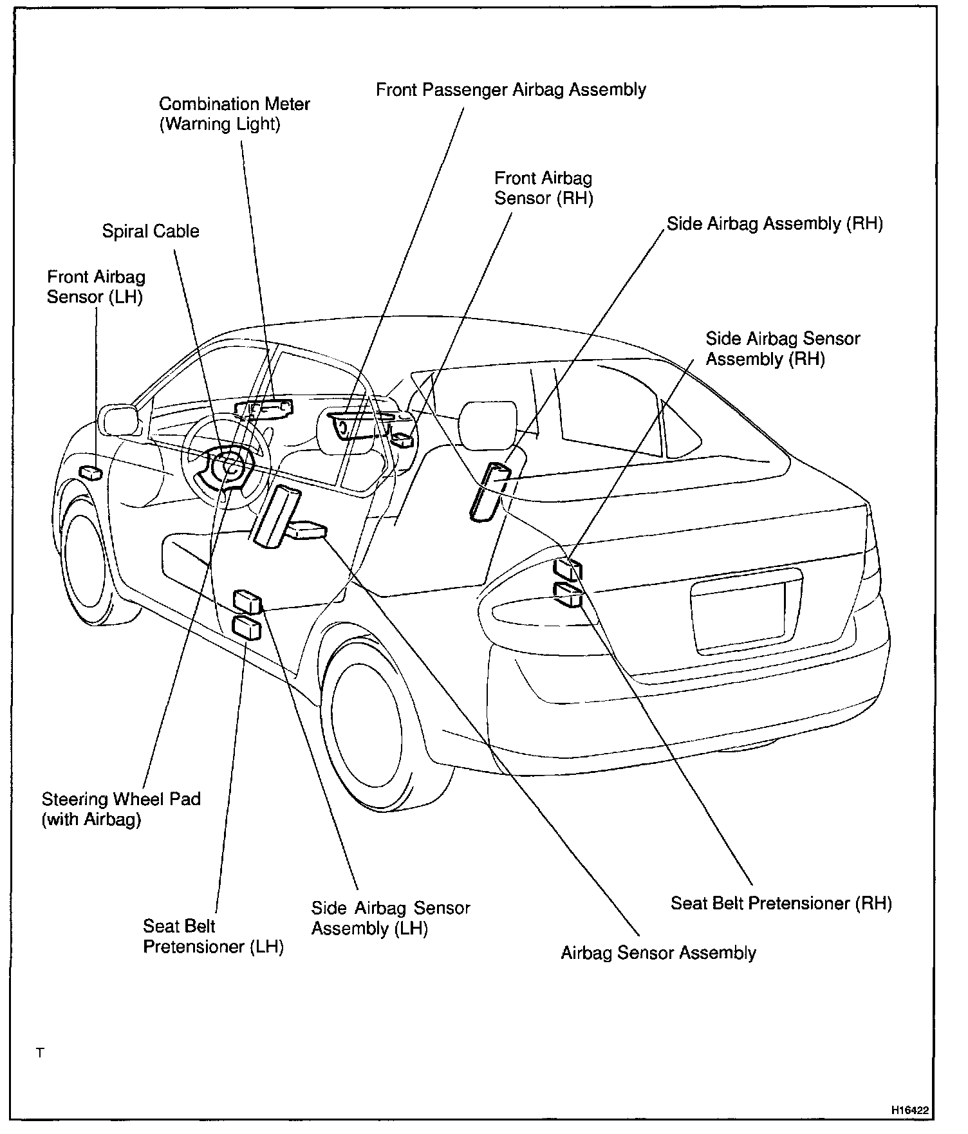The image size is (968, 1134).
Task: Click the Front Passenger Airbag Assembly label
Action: tap(510, 89)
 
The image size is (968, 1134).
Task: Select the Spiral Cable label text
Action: tap(151, 232)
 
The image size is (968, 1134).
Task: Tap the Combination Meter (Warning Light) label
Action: tap(234, 114)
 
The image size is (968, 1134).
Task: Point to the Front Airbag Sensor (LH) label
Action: tap(96, 287)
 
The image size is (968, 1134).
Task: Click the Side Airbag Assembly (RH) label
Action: tap(774, 224)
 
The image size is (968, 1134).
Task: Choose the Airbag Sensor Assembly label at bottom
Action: tap(658, 953)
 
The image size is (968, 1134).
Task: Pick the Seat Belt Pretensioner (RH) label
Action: tap(781, 903)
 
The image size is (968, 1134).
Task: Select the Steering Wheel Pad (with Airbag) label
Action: tap(121, 809)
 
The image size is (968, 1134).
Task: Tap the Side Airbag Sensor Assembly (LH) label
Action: tap(390, 918)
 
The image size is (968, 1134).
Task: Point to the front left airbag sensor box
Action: tap(90, 473)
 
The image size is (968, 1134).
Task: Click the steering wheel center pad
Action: tap(229, 469)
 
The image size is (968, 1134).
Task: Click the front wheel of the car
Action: tap(86, 561)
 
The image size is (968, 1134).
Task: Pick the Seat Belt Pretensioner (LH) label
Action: tap(212, 936)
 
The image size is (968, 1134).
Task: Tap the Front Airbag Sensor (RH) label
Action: tap(543, 188)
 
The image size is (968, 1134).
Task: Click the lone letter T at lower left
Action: tap(40, 1053)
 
